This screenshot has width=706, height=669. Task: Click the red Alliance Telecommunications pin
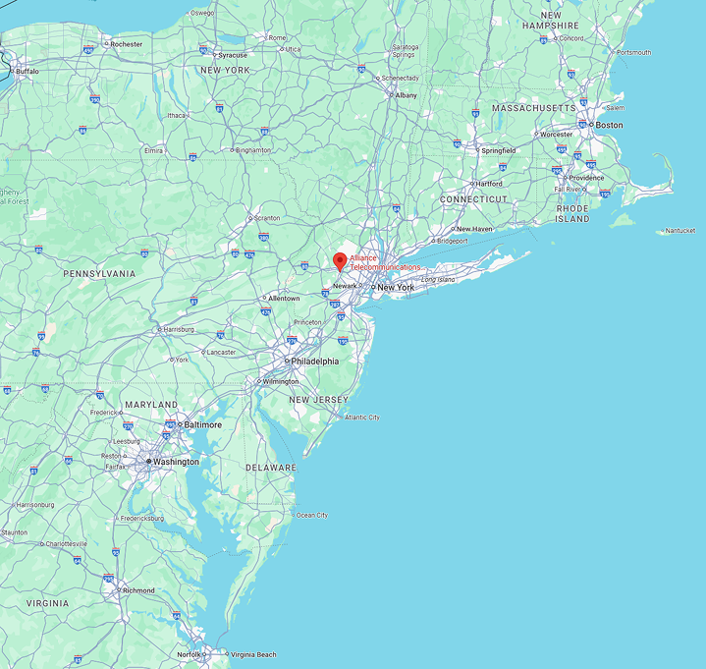(x=340, y=261)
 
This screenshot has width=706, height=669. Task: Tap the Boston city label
(x=609, y=126)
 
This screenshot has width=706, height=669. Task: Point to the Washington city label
(x=176, y=462)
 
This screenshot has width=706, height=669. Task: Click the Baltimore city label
(x=203, y=425)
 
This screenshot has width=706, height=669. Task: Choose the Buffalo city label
(x=27, y=71)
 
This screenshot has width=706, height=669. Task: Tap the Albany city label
(x=405, y=95)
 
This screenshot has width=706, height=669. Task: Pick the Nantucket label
(x=679, y=231)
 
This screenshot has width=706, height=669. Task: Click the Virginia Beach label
(x=253, y=654)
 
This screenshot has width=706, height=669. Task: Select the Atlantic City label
(x=360, y=418)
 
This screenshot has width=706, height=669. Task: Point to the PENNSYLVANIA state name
(x=100, y=273)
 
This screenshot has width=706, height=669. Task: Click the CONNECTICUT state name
(x=474, y=199)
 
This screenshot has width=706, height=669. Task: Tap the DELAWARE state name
(x=270, y=468)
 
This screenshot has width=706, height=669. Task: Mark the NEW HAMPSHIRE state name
(x=557, y=20)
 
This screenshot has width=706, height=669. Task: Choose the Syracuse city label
(x=233, y=55)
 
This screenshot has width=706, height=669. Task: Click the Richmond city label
(x=137, y=590)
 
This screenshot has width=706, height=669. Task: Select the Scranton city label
(x=266, y=218)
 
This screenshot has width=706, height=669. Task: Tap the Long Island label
(x=438, y=280)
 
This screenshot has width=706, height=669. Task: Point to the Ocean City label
(x=312, y=515)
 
